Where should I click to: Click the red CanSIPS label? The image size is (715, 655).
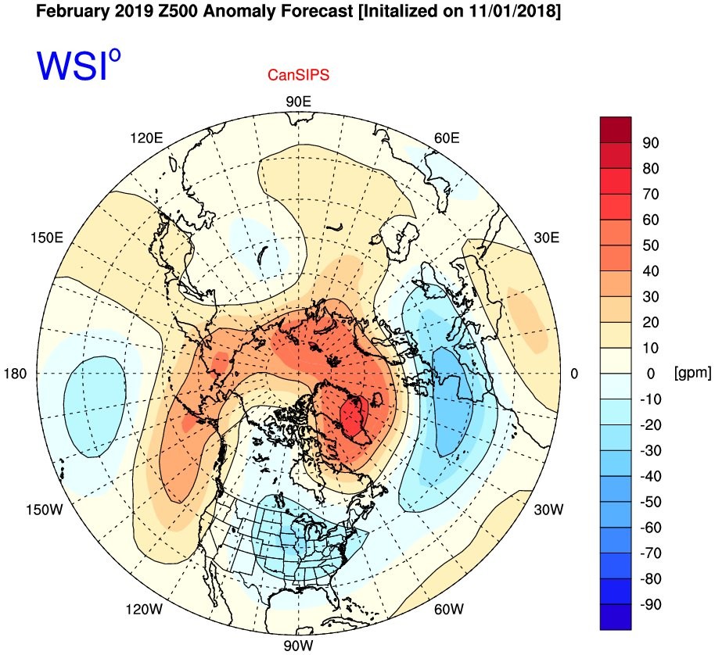coord(298,75)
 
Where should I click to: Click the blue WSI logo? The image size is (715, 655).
coord(79,65)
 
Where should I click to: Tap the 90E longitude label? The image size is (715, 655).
coord(299,102)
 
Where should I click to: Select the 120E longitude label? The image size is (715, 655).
coord(146,138)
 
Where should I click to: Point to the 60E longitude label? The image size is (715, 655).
coord(447,138)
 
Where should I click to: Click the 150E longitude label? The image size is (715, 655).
coord(47,238)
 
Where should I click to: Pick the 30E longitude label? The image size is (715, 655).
coord(546,238)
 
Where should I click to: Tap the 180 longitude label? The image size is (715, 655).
coord(16,374)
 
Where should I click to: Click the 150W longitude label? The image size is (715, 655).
coord(45,510)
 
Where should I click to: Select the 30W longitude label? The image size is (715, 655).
coord(548,510)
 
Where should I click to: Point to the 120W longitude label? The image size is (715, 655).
coord(144,609)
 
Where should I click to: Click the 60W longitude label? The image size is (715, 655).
coord(449,609)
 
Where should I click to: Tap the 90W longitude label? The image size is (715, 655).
coord(299,646)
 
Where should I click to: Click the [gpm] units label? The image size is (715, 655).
coord(692,373)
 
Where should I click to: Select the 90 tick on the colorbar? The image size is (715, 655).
coord(651,143)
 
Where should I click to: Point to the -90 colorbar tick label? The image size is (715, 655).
coord(651,604)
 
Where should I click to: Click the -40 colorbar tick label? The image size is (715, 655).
coord(651,477)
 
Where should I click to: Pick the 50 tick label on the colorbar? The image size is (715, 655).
coord(651,245)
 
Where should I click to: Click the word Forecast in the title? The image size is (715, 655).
coord(317,11)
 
